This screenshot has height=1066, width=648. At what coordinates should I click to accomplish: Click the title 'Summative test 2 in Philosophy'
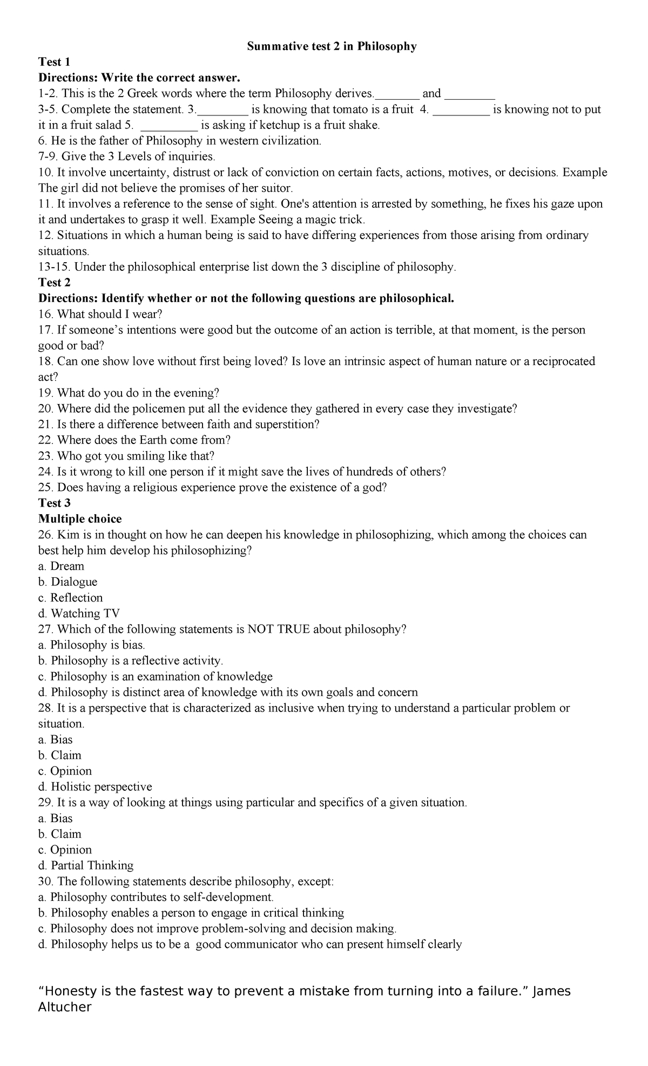(x=332, y=47)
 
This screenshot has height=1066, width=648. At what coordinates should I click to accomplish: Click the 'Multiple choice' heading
(x=80, y=519)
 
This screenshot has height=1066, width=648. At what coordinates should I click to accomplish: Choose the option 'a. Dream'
(x=61, y=566)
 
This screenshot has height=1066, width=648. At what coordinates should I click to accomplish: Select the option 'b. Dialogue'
(x=67, y=582)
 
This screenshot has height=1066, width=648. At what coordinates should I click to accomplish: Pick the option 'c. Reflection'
(x=70, y=598)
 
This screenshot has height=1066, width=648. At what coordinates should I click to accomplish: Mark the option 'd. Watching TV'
(x=79, y=613)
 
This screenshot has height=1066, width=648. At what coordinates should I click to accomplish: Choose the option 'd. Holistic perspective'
(x=95, y=787)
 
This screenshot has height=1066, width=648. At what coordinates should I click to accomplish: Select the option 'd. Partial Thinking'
(x=86, y=866)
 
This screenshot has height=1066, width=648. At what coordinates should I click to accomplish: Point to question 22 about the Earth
(x=134, y=440)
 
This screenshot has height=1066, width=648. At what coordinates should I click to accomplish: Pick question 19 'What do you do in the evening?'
(x=130, y=393)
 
